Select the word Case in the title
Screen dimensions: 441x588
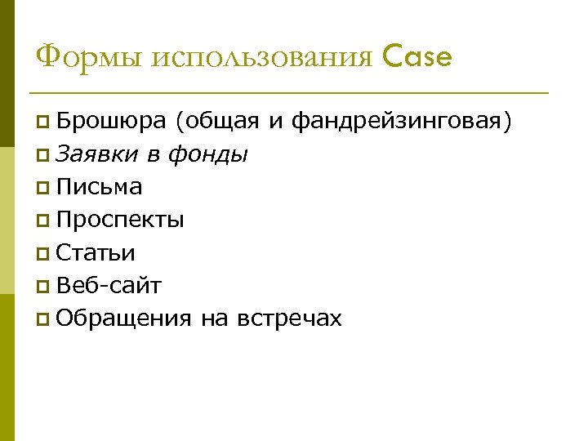click(x=416, y=57)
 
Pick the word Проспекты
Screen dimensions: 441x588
click(x=121, y=220)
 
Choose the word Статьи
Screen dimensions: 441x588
click(x=96, y=252)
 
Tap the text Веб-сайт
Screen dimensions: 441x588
click(x=109, y=285)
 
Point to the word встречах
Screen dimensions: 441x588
click(x=289, y=318)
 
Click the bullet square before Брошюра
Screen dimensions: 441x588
click(x=43, y=123)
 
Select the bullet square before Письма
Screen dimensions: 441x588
click(x=43, y=189)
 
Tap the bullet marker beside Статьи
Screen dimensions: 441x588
click(x=43, y=254)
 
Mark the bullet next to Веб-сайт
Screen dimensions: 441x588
click(x=43, y=287)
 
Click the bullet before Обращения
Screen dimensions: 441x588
click(x=43, y=319)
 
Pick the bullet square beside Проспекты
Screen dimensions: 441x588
click(x=43, y=221)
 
